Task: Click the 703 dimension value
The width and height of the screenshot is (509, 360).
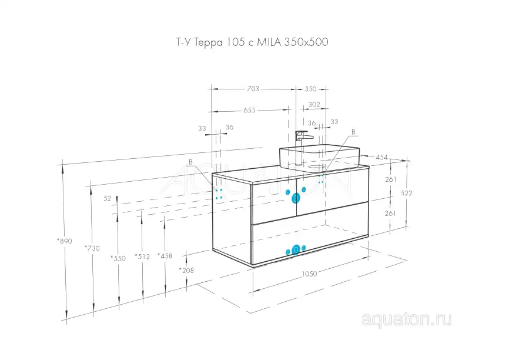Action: coord(252,89)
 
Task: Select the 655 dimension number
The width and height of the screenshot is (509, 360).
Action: coord(250,110)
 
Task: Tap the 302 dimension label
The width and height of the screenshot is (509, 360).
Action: coord(314,104)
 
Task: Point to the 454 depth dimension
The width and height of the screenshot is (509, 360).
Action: coord(381,157)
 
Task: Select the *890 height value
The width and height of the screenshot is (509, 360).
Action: coord(64,241)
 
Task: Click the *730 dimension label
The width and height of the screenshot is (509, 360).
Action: coord(92,248)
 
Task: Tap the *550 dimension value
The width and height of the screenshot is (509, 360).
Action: coord(118,258)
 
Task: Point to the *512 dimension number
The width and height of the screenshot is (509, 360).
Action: coord(142,256)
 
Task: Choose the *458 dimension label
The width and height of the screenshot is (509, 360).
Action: coord(165,255)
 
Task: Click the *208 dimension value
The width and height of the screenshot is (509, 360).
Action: coord(186,270)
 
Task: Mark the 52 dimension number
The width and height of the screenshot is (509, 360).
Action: coord(107,199)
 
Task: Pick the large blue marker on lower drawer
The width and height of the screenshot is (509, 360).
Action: coord(296,250)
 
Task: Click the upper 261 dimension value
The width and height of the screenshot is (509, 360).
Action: coord(391,179)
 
